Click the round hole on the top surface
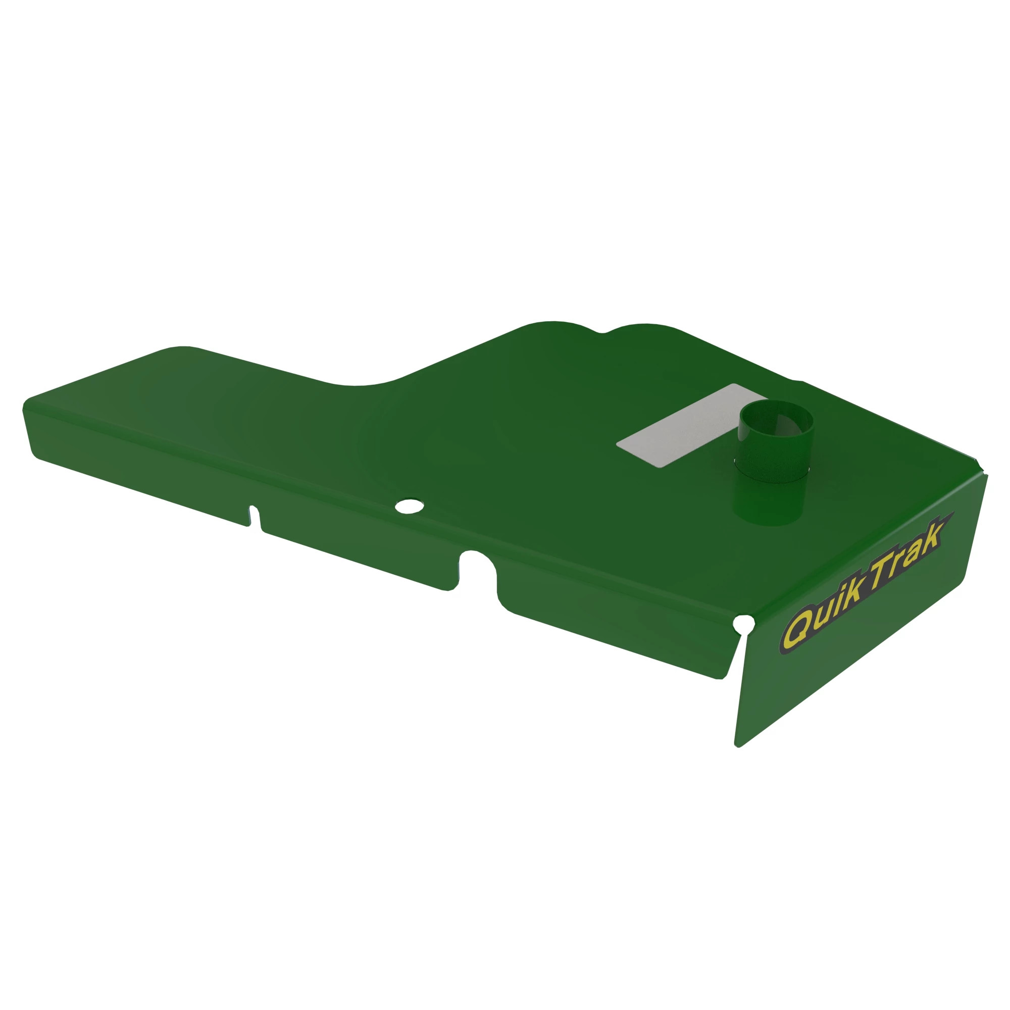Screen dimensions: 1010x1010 point(410,506)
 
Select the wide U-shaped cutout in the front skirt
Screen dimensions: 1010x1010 point(477,570)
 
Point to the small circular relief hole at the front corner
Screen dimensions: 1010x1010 point(744,623)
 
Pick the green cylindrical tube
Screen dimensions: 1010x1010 point(775,463)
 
